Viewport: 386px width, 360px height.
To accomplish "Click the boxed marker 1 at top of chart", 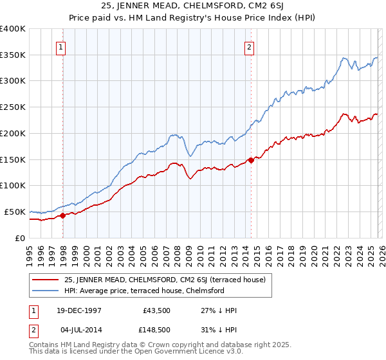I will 60,46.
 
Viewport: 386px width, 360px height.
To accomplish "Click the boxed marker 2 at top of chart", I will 249,46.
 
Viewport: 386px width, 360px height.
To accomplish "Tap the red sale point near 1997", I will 63,215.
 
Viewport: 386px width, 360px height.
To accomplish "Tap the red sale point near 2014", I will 251,160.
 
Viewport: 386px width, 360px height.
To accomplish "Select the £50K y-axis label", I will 15,212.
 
